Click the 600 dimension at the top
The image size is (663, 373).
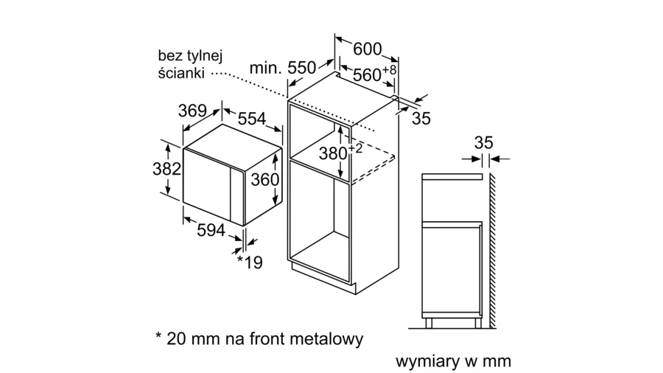[368, 49]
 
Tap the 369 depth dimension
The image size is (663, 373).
[192, 111]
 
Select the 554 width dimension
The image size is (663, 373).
[251, 119]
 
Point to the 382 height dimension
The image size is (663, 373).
[166, 169]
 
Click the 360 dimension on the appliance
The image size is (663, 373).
[265, 180]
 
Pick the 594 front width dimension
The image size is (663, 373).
[211, 230]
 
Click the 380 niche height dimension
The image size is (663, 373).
[334, 154]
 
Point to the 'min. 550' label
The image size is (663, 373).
[282, 69]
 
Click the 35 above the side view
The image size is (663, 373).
[483, 143]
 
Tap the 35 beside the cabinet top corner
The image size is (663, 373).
[421, 118]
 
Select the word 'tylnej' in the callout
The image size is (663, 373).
[204, 55]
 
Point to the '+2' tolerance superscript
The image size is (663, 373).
[356, 148]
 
